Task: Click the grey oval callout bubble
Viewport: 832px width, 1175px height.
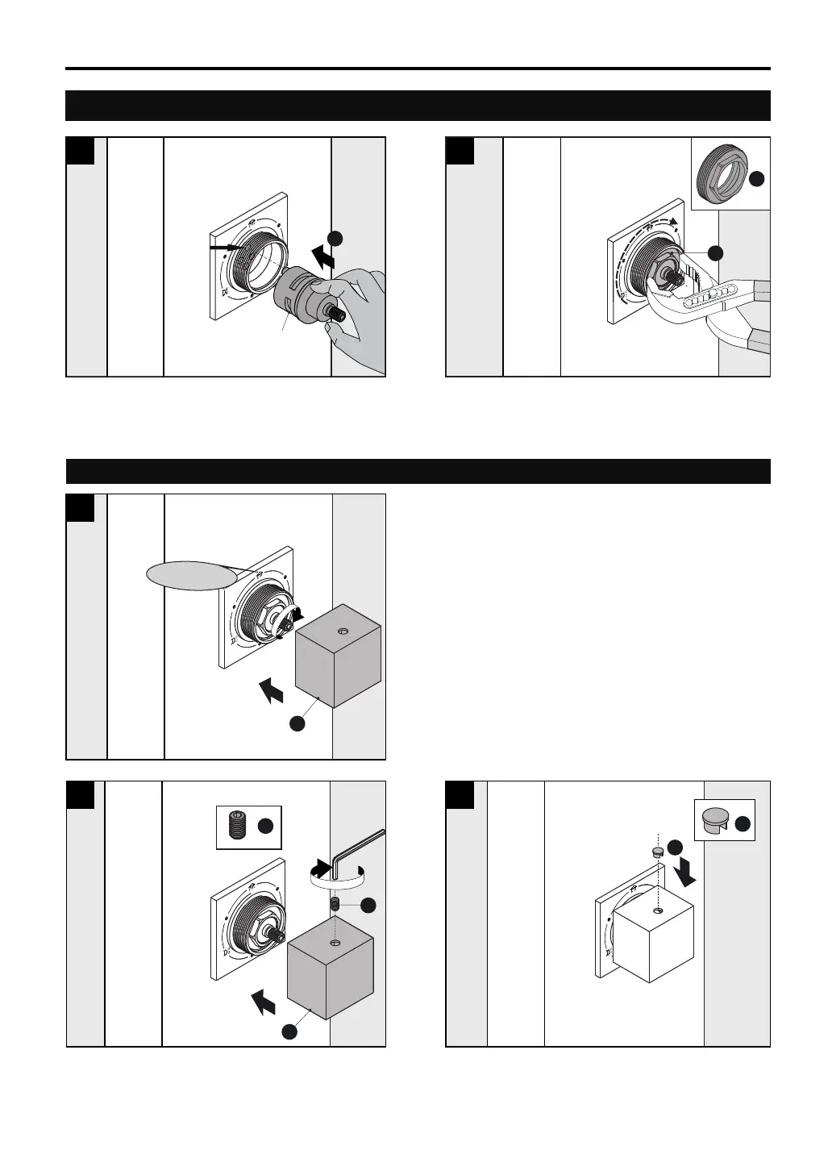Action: [192, 575]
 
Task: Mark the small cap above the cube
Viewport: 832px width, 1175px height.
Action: [656, 851]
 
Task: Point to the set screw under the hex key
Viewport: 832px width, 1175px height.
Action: [335, 906]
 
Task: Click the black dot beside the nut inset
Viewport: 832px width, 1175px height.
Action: [755, 181]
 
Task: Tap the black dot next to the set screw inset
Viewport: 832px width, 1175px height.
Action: [265, 826]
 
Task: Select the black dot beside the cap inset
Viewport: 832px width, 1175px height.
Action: [742, 822]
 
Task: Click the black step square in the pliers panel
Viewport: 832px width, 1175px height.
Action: [460, 151]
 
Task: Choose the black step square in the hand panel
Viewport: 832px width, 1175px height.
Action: [80, 151]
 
